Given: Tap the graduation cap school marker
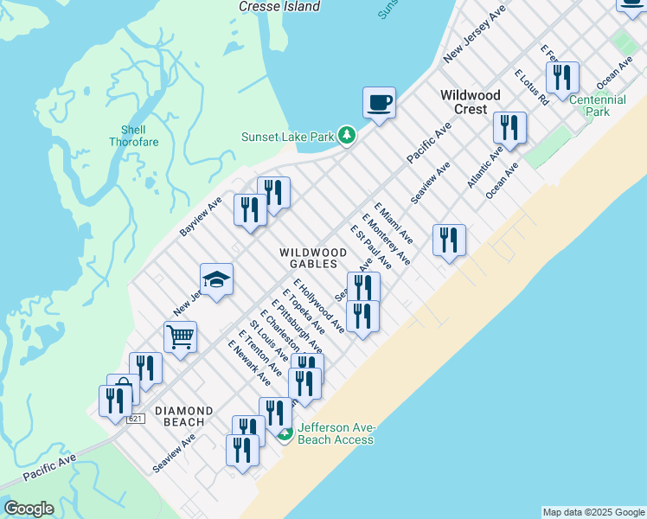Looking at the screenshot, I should tap(216, 279).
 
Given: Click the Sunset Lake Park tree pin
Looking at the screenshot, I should tap(347, 135).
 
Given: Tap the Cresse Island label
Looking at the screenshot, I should tap(279, 6).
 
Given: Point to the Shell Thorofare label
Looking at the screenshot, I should tap(134, 136).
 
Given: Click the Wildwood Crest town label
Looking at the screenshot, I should tap(470, 102).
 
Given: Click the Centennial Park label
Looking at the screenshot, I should tap(598, 106).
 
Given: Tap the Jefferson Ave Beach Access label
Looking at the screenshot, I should tap(336, 433).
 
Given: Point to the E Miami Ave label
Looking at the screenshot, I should tap(394, 223).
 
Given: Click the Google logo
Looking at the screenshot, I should tap(29, 509).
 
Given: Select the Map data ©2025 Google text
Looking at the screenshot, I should tap(593, 512).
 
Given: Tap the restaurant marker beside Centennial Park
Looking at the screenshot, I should tap(563, 77).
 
